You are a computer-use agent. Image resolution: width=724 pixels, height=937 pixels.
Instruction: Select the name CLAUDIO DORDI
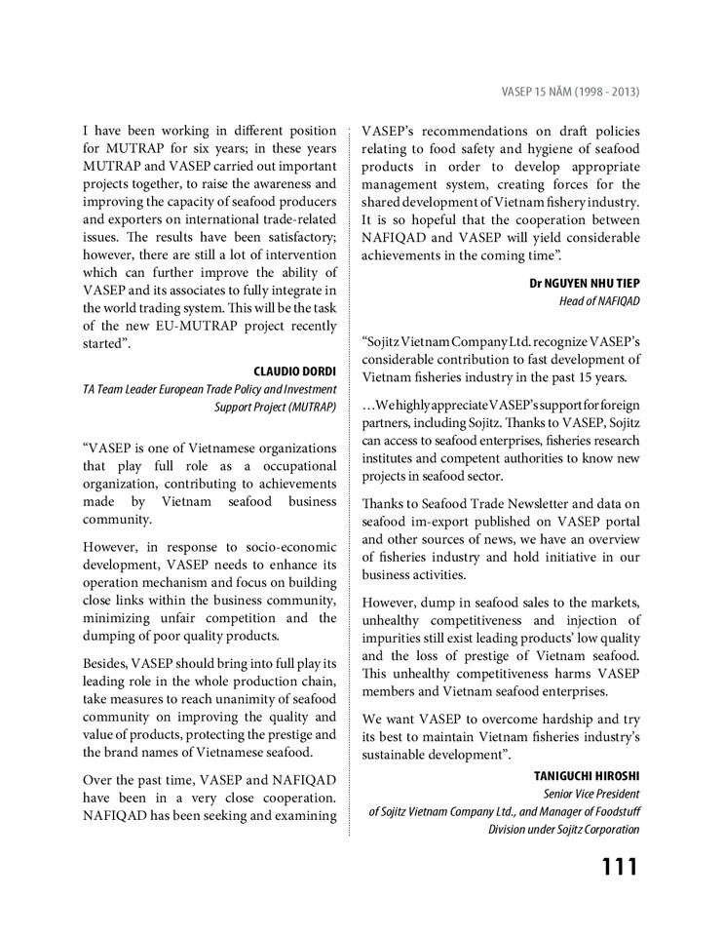click(295, 371)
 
